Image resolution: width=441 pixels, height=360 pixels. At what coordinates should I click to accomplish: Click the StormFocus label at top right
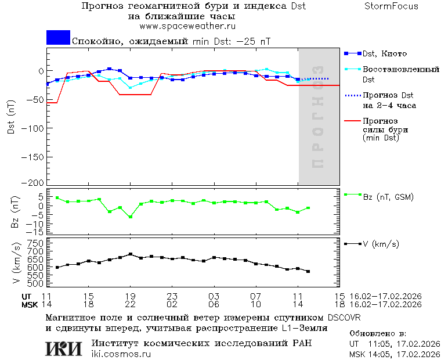point(391,6)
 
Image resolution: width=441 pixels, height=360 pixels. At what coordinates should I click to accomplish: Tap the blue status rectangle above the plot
point(58,37)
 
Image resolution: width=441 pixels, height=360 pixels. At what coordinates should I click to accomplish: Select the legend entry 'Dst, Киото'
point(385,53)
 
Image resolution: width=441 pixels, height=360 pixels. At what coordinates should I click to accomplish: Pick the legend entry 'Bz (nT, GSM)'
point(388,197)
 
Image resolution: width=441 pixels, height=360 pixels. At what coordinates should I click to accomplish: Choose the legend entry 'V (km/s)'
point(381,244)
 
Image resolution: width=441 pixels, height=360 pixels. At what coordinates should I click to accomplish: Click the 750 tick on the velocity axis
point(35,242)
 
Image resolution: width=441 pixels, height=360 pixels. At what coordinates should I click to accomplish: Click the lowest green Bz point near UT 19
point(131,217)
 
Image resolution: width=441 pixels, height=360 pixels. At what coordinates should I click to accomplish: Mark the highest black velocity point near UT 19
point(131,254)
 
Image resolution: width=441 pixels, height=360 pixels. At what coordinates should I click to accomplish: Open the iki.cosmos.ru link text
point(121,354)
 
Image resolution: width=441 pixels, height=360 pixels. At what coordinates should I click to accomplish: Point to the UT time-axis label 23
point(172,296)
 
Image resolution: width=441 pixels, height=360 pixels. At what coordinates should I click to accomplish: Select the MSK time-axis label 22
point(131,304)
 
